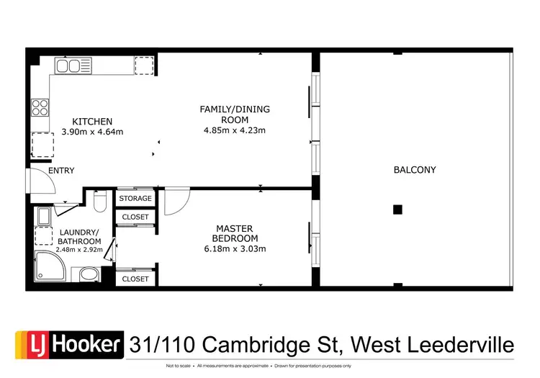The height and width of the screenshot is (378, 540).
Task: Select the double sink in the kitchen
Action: click(69, 66)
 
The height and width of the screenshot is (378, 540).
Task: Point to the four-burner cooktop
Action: click(40, 107)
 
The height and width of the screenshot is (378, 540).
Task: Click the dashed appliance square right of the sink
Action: click(144, 66)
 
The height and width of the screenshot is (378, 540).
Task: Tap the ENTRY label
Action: click(61, 171)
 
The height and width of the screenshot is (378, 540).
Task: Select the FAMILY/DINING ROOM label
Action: click(235, 114)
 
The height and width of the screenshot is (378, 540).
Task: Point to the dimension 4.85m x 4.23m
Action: click(235, 131)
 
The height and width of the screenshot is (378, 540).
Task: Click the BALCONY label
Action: click(414, 170)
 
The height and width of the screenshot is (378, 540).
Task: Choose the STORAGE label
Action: click(135, 198)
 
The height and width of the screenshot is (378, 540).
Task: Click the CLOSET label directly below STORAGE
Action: click(135, 217)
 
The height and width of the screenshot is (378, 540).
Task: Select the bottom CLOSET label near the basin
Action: click(135, 278)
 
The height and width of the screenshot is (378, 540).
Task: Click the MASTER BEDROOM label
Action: click(235, 233)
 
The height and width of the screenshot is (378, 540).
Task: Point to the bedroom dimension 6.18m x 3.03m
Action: click(235, 249)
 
